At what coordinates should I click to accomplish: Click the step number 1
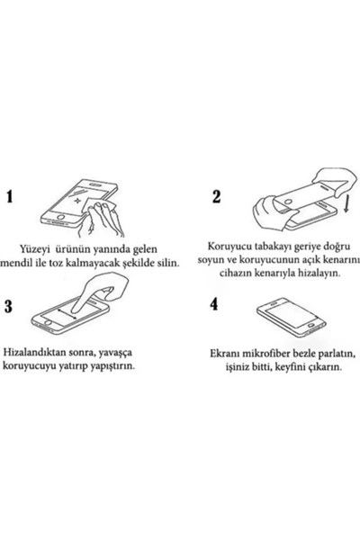[10, 196]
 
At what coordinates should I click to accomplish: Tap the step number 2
[217, 196]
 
